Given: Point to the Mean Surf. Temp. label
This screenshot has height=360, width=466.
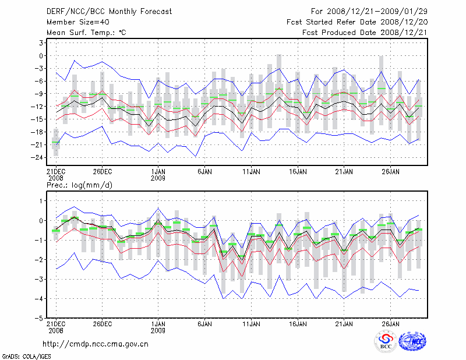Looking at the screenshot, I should pyautogui.click(x=86, y=33).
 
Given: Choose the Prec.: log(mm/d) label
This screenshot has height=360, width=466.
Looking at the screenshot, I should pyautogui.click(x=80, y=185).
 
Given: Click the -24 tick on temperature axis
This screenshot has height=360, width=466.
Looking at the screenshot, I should pyautogui.click(x=37, y=157).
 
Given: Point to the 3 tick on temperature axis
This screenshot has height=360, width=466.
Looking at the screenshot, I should pyautogui.click(x=40, y=43).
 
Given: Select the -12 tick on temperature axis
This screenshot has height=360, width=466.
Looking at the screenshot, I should pyautogui.click(x=37, y=107).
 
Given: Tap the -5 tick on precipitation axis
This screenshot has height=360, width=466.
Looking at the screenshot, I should pyautogui.click(x=38, y=318).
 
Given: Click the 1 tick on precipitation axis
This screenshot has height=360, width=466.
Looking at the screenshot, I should pyautogui.click(x=40, y=201).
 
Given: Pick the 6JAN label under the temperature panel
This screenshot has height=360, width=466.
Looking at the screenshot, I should pyautogui.click(x=204, y=172).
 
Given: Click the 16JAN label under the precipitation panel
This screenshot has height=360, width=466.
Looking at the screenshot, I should pyautogui.click(x=298, y=324).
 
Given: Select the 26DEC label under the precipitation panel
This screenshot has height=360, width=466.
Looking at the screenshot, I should pyautogui.click(x=102, y=324).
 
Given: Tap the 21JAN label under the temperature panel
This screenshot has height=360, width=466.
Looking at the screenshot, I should pyautogui.click(x=344, y=172).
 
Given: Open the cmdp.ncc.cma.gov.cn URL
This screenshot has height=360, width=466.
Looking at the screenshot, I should pyautogui.click(x=96, y=344).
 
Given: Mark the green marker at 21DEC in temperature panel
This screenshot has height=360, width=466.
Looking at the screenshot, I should pyautogui.click(x=56, y=142).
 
